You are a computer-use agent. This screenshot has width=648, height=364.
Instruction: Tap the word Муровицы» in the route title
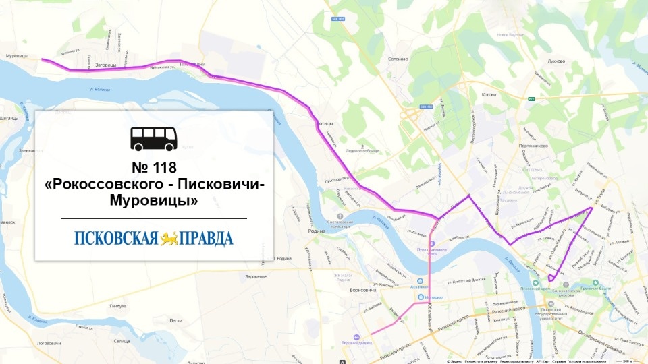tap(153, 200)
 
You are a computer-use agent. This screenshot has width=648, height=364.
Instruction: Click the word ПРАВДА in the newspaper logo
tap(205, 239)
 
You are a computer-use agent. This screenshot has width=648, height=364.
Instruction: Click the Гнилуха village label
tap(118, 306)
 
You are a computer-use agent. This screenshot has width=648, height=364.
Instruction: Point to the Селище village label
tap(122, 342)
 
